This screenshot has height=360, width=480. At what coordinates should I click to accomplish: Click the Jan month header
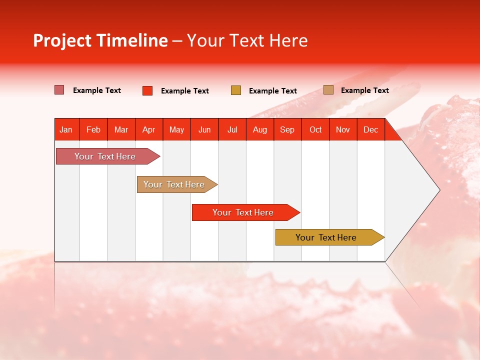coord(66,130)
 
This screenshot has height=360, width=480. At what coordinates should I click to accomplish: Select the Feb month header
coord(93,130)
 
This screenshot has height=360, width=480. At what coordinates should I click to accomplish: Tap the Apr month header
coord(149,130)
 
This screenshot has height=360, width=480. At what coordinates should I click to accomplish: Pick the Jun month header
coord(204,130)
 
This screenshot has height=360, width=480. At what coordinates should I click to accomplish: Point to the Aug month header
coord(260,130)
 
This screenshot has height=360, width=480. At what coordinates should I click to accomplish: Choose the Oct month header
coord(315,130)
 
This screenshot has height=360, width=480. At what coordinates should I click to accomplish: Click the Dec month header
coord(370,130)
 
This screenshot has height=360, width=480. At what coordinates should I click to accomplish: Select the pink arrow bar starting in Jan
coord(108,156)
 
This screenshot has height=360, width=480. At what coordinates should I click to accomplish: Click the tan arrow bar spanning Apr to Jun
coord(177,184)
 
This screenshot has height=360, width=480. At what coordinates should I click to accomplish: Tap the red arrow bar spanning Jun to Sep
coord(246,212)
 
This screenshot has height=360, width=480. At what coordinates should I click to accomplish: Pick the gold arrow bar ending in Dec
coord(330,237)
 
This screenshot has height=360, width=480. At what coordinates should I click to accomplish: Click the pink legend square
coord(59,89)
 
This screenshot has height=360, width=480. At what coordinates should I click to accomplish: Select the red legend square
coord(147,90)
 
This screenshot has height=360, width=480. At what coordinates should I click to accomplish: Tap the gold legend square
coord(235,90)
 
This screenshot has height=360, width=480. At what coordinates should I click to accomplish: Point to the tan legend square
coord(328,89)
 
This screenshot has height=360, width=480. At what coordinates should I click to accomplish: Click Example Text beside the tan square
coord(365,90)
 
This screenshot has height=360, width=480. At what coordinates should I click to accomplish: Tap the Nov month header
coord(343,130)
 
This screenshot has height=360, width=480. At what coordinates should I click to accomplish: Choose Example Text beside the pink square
coord(96,90)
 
